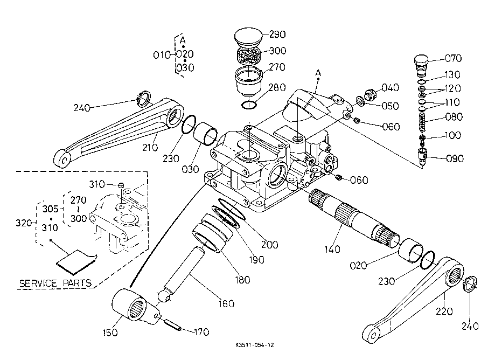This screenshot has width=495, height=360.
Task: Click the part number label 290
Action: coord(277,34)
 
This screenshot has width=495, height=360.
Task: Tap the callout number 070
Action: coord(452,58)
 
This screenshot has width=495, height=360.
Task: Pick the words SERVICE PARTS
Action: coord(54,283)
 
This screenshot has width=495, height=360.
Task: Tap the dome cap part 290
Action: coord(248,37)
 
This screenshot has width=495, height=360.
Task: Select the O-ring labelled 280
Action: coord(248,103)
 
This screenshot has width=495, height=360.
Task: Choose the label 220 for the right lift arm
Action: coord(445,311)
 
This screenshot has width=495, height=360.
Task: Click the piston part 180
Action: coord(211,232)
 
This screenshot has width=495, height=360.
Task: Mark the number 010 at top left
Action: coord(161,54)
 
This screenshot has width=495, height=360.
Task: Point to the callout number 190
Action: coord(257,259)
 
